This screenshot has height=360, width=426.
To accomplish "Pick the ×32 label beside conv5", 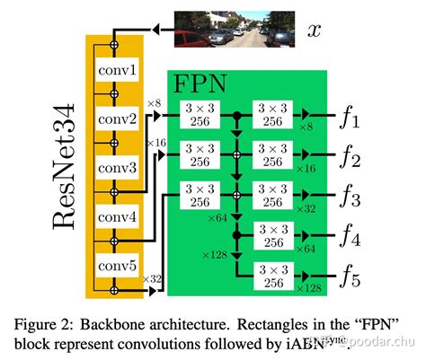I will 153,280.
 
